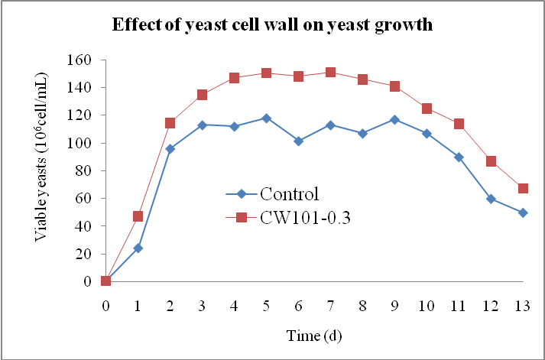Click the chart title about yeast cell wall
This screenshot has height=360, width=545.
(x=273, y=24)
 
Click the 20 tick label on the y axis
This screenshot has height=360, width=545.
(x=85, y=254)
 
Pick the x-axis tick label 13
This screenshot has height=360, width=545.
(x=523, y=305)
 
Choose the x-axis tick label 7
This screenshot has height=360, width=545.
(x=330, y=305)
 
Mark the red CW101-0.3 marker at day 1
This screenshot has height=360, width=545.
(x=138, y=216)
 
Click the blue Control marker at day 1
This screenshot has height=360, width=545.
(x=138, y=248)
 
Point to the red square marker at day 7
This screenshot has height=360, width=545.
(x=330, y=73)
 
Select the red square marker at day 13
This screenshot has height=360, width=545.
(x=523, y=189)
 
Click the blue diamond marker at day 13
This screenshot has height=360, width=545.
(x=523, y=212)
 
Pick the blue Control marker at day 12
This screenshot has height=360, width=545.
(x=491, y=199)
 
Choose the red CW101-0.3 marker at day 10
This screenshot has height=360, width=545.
(x=427, y=109)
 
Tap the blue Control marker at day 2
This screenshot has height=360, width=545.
(x=170, y=149)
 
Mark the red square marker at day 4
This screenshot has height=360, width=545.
(x=234, y=78)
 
